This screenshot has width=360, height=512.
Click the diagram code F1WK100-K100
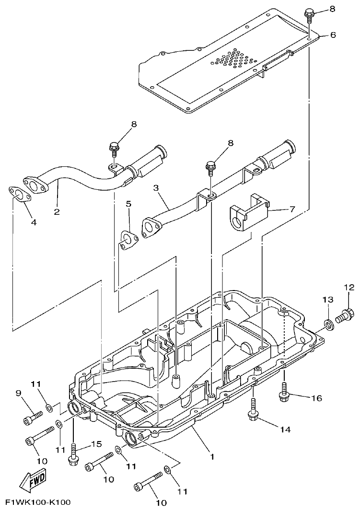coord(38,502)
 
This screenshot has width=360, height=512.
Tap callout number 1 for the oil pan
coord(212,457)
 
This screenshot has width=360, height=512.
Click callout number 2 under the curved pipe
coord(57,211)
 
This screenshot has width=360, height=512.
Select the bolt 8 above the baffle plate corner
coord(309,15)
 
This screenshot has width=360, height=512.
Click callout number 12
coord(348,288)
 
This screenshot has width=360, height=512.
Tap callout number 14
coord(285,430)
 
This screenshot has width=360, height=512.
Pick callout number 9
coord(19,394)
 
